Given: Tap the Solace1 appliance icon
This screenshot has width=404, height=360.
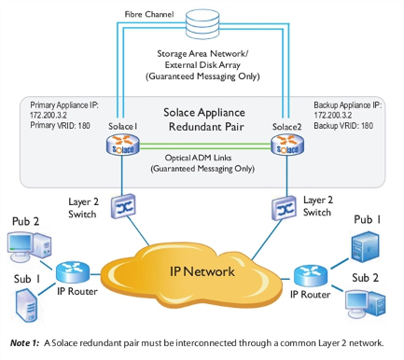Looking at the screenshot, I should [123, 147].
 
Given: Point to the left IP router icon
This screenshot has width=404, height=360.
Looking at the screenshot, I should [70, 271].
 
